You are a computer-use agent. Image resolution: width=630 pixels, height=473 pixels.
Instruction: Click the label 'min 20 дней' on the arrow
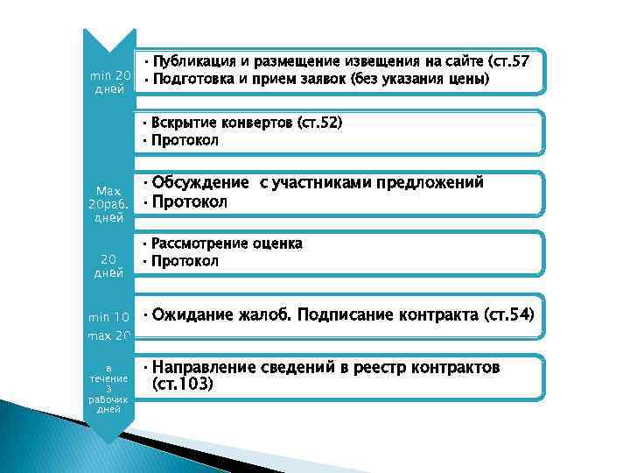(110, 82)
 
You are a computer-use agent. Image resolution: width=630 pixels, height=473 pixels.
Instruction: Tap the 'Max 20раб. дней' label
(109, 205)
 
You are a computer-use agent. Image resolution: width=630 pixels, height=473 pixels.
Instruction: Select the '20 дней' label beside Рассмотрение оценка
(109, 265)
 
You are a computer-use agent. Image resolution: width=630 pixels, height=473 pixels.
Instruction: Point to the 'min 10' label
(109, 316)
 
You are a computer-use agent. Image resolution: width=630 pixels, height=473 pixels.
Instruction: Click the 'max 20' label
(109, 335)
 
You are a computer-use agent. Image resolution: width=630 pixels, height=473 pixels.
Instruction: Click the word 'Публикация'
(193, 60)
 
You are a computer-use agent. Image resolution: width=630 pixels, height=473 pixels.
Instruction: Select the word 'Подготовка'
(193, 79)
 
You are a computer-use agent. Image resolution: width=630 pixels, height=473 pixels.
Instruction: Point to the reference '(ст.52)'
(320, 122)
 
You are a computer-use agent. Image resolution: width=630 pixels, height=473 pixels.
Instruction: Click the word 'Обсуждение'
(200, 183)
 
